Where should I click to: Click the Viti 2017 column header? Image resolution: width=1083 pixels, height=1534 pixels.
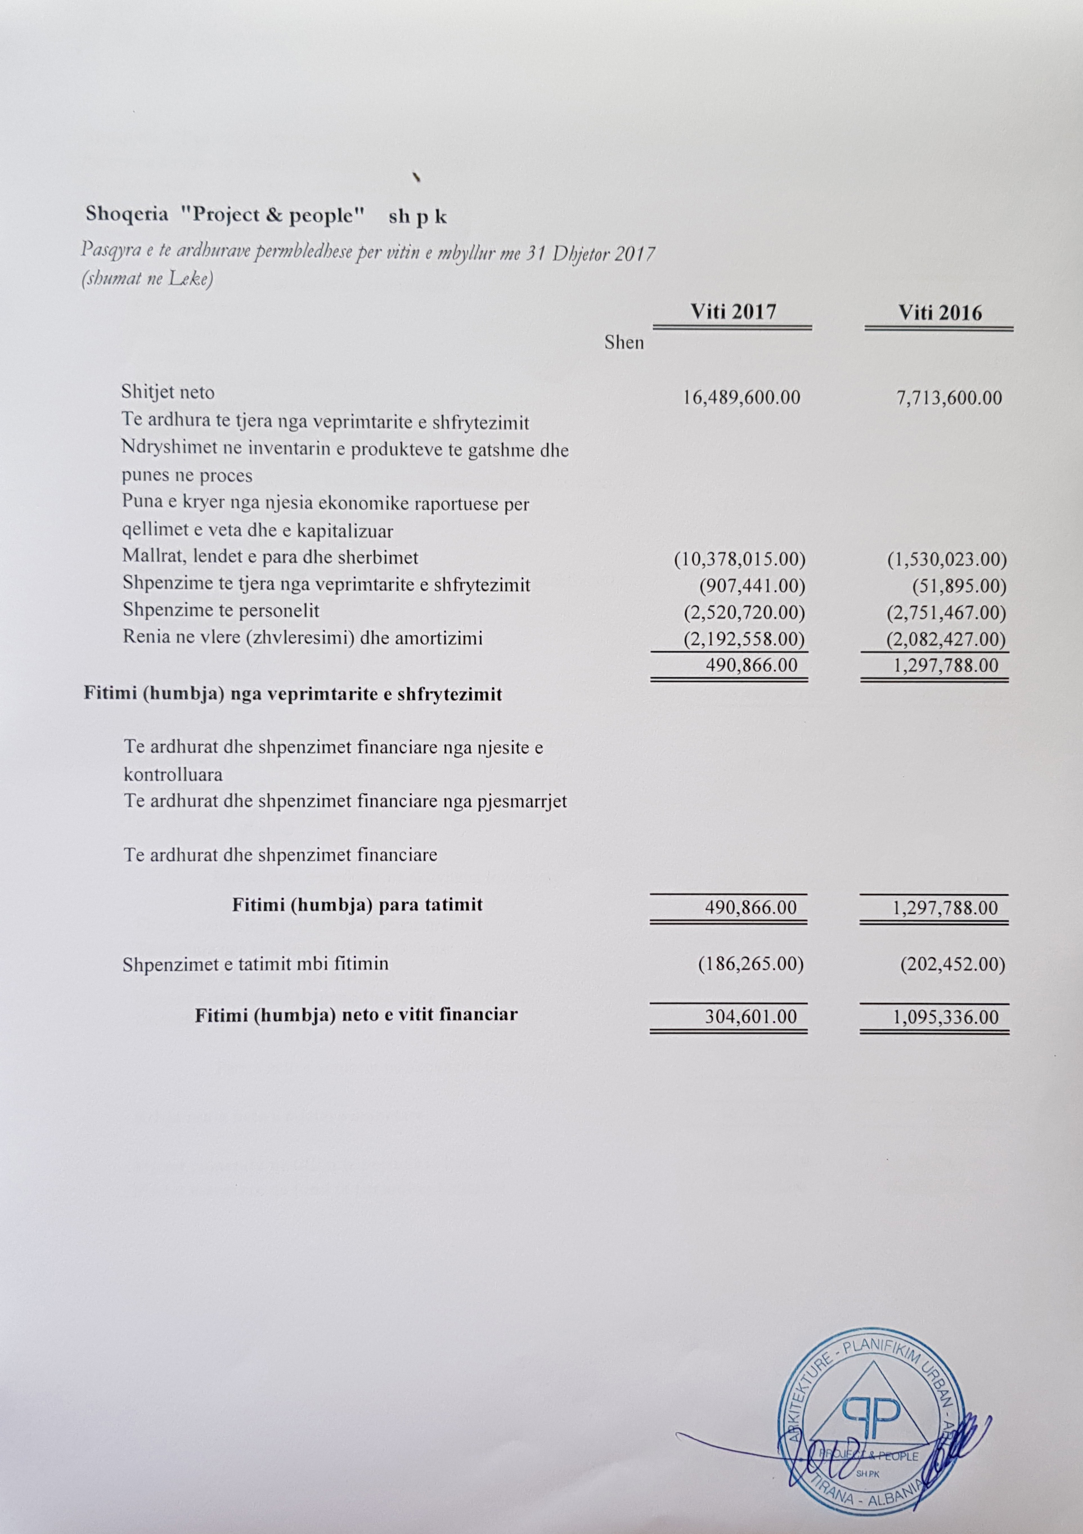[733, 312]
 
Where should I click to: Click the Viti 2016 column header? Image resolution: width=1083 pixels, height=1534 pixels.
[940, 313]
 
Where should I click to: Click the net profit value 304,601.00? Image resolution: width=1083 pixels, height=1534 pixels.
[751, 1016]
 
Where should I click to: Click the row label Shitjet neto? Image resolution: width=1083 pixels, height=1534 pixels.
[168, 392]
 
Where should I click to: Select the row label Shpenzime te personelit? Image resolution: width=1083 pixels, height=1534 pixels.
[221, 610]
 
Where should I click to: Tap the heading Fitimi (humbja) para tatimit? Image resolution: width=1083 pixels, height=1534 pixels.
[357, 905]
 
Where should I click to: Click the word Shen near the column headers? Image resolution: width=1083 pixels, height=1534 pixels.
[624, 342]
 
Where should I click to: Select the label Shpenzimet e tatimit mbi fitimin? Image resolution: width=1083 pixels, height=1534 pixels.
[255, 963]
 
